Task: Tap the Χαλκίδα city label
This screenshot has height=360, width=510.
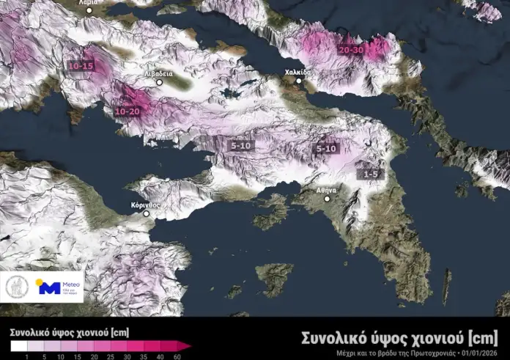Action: [298, 73]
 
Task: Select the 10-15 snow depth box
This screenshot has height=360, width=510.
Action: [81, 66]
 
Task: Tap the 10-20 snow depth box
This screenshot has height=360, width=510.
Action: [127, 111]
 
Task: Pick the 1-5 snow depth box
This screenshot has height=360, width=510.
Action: [371, 175]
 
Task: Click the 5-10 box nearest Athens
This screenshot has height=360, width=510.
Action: [325, 148]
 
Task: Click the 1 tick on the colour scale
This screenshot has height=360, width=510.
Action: [27, 356]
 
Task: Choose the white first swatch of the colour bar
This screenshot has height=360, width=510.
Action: [18, 345]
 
